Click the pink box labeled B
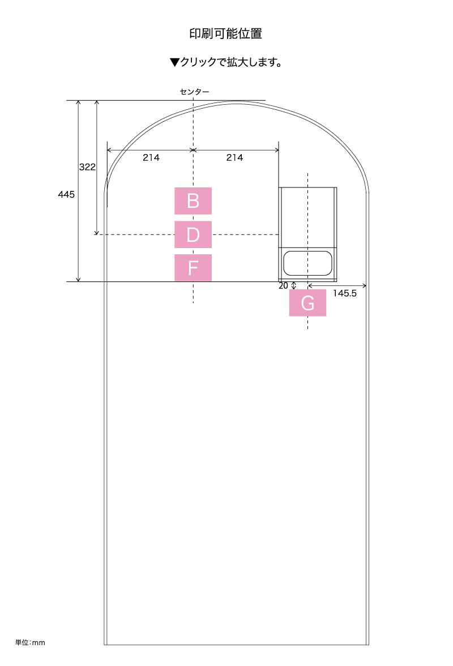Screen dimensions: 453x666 [193, 201]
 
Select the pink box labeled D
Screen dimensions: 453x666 [193, 234]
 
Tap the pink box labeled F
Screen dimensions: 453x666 [193, 267]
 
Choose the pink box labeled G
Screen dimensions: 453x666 [307, 303]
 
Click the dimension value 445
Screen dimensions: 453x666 [66, 195]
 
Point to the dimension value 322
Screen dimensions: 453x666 [87, 167]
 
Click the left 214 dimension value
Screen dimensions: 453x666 [151, 157]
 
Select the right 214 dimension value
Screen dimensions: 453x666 [235, 157]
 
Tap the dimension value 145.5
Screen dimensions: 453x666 [345, 293]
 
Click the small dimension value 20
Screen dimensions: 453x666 [283, 286]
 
